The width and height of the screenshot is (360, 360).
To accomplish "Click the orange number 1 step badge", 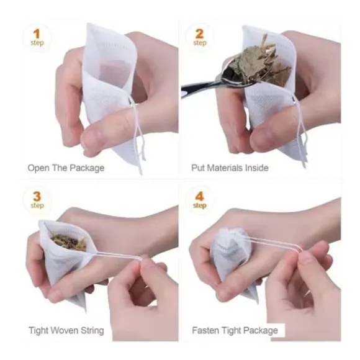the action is pyautogui.click(x=37, y=37).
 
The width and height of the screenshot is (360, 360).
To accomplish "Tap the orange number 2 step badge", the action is pyautogui.click(x=199, y=37).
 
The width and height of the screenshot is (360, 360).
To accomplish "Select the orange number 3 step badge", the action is pyautogui.click(x=37, y=200).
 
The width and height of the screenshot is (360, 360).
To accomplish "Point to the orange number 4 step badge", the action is pyautogui.click(x=199, y=200).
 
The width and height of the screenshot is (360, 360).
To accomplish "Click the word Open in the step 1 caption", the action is pyautogui.click(x=38, y=168).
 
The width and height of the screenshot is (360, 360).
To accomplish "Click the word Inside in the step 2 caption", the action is pyautogui.click(x=257, y=168).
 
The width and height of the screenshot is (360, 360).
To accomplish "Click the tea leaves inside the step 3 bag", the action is pyautogui.click(x=69, y=242).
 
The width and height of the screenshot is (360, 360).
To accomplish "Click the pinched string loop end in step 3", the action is pyautogui.click(x=140, y=259).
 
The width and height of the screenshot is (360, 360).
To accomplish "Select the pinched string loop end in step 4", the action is pyautogui.click(x=300, y=250).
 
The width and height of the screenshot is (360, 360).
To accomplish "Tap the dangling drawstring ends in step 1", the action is pyautogui.click(x=140, y=147).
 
